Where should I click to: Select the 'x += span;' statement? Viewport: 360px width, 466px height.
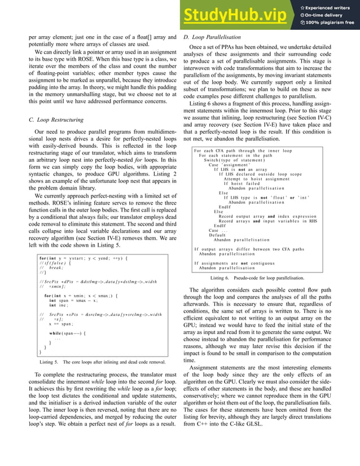coord(60,324)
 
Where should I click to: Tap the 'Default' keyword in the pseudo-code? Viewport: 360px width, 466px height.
coord(217,235)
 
